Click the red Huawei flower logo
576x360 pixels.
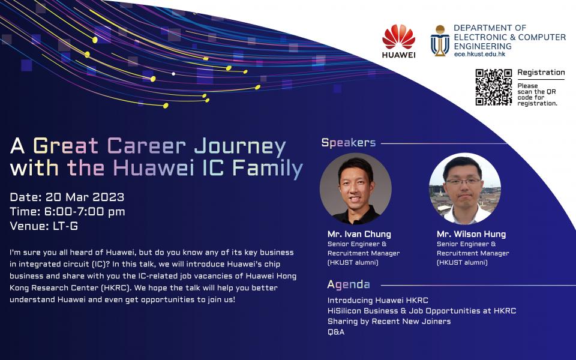coord(398,37)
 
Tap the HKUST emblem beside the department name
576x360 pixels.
coord(440,40)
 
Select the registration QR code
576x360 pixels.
coord(493,87)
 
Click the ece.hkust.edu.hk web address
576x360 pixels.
coord(479,54)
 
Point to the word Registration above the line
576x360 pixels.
coord(541,73)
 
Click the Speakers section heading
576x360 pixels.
coord(349,143)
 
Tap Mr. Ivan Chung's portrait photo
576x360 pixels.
coord(356,189)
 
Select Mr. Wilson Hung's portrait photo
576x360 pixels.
coord(464,188)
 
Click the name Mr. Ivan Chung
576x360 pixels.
coord(359,234)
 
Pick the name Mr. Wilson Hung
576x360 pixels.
coord(472,234)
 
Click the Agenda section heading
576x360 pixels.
coord(349,284)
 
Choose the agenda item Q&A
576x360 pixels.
coord(336,332)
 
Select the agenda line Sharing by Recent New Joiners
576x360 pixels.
coord(389,322)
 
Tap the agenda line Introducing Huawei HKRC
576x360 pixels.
coord(378,300)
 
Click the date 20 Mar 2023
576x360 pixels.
coord(85,197)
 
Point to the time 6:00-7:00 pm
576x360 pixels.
coord(85,212)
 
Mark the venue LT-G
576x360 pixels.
coord(65,226)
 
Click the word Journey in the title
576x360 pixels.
coord(240,146)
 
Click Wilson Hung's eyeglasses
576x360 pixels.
coord(464,181)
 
